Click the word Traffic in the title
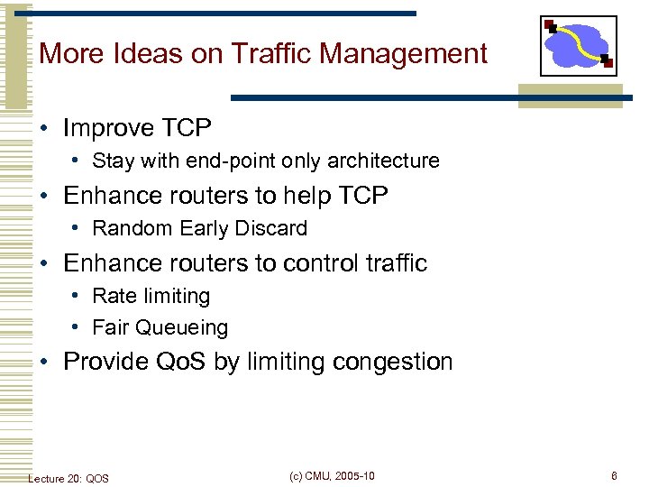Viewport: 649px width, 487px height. [267, 54]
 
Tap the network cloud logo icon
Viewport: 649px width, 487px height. [578, 46]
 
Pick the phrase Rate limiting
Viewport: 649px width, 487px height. [151, 297]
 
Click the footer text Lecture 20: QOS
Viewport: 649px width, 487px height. [69, 478]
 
